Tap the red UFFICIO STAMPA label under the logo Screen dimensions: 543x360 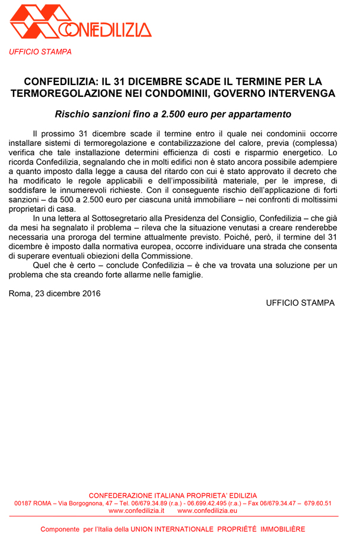coord(40,52)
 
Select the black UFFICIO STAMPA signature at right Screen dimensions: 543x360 coord(300,303)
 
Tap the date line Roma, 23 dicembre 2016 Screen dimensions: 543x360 coord(55,293)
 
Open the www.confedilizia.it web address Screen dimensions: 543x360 coord(136,511)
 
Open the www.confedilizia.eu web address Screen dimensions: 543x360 coord(207,511)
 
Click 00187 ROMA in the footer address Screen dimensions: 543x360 coord(33,503)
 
